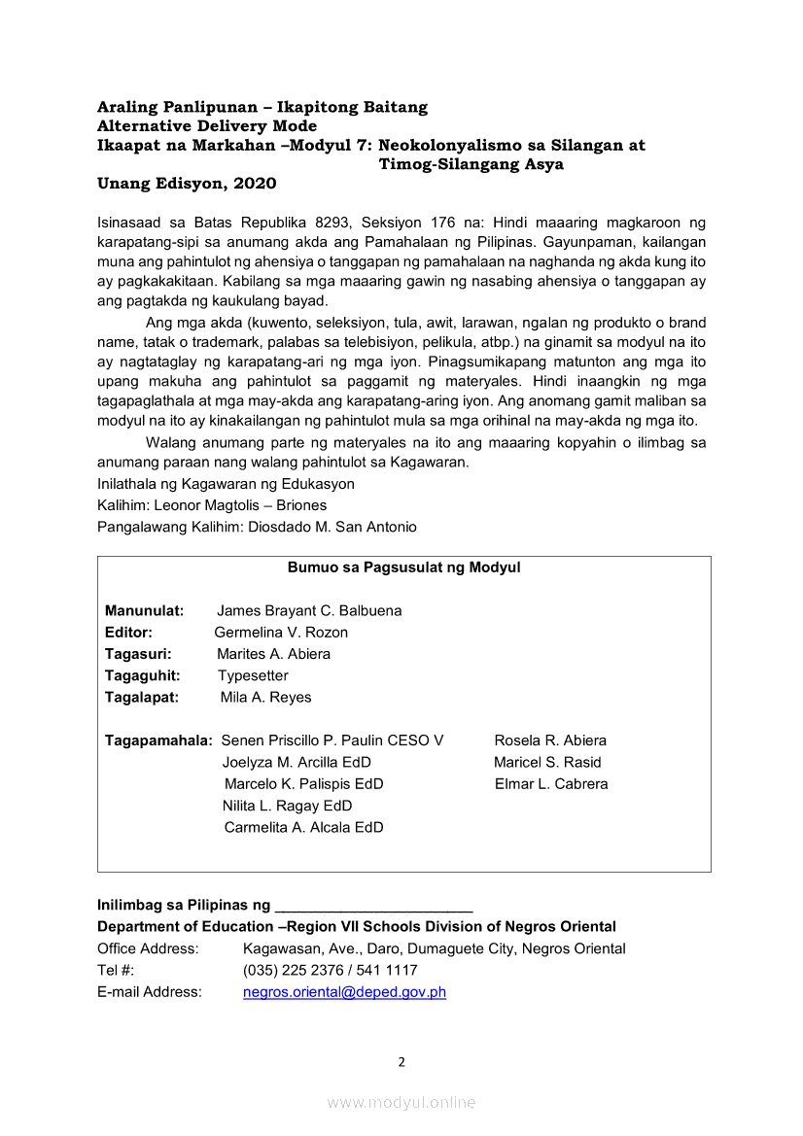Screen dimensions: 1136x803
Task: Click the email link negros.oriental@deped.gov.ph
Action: pyautogui.click(x=344, y=992)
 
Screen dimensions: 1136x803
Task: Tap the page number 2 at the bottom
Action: pyautogui.click(x=401, y=1061)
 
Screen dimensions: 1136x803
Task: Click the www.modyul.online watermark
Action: pyautogui.click(x=401, y=1102)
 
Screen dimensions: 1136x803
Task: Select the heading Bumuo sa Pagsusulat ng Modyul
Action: pyautogui.click(x=403, y=568)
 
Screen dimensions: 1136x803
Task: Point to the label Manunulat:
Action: pyautogui.click(x=145, y=610)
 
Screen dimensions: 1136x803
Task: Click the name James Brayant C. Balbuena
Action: pyautogui.click(x=309, y=610)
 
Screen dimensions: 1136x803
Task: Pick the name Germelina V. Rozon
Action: pyautogui.click(x=281, y=633)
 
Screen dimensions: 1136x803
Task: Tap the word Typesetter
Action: pyautogui.click(x=253, y=675)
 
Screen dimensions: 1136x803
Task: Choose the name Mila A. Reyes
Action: pyautogui.click(x=265, y=697)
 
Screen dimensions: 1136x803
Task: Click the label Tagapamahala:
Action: pyautogui.click(x=158, y=740)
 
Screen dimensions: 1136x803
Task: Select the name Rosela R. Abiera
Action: pyautogui.click(x=550, y=740)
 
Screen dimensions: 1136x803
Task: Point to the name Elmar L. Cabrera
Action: pyautogui.click(x=551, y=783)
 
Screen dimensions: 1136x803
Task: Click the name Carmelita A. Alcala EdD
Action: pyautogui.click(x=303, y=827)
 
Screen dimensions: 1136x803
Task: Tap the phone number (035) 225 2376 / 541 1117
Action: pyautogui.click(x=331, y=970)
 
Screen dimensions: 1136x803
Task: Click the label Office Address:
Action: pyautogui.click(x=148, y=948)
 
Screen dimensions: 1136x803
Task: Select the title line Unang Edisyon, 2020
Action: pyautogui.click(x=187, y=184)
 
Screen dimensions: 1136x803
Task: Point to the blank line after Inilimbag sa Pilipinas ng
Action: pyautogui.click(x=374, y=906)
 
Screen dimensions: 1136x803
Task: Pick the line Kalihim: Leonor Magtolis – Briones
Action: pyautogui.click(x=212, y=505)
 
